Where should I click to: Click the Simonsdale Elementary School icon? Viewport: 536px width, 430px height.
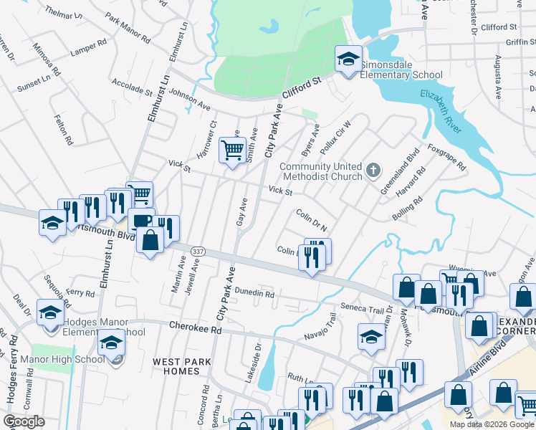pos(348,59)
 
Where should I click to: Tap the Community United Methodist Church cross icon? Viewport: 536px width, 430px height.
pos(373,171)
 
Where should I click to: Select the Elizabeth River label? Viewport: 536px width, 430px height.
pos(444,106)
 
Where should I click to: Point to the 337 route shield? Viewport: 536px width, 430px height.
pos(198,250)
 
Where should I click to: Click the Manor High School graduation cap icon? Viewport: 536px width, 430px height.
pos(111,345)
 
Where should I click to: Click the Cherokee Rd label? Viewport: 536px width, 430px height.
pos(193,325)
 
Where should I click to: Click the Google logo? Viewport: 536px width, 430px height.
pos(24,422)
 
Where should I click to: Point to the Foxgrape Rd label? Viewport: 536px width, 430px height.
pos(446,157)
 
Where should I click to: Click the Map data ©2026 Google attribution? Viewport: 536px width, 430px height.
pos(492,424)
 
